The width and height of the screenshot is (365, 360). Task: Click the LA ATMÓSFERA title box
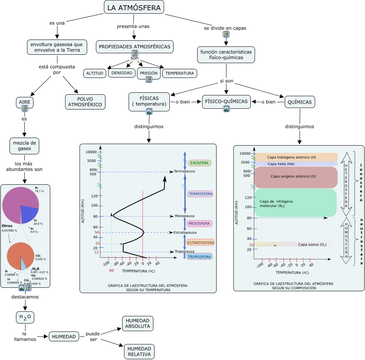134,8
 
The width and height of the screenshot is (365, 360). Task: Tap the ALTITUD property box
95,73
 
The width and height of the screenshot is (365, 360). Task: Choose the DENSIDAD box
122,73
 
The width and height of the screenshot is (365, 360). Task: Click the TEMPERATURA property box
180,73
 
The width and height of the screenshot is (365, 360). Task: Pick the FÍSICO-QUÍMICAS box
226,101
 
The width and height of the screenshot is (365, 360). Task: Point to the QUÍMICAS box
300,102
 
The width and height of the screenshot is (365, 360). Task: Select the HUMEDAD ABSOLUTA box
138,324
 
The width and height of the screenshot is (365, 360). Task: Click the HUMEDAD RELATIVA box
139,352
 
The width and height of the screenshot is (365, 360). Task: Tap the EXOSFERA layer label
199,163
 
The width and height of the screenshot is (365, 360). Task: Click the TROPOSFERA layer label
199,257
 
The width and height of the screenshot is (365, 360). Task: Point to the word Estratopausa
185,232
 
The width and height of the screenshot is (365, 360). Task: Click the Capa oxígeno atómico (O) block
293,176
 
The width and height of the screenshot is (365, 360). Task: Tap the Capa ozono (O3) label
312,244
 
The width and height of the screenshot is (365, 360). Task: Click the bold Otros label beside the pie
7,226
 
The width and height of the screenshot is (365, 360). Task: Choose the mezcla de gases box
24,146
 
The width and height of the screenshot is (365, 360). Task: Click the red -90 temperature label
111,271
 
